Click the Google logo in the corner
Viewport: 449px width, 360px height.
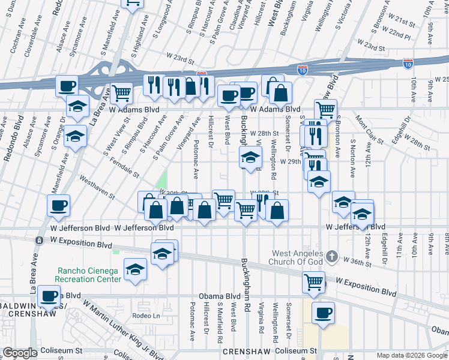coord(19,353)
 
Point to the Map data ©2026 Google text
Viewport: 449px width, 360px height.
coord(412,355)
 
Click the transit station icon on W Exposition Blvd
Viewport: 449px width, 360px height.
coord(39,241)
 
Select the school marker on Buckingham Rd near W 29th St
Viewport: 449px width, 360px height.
coord(251,158)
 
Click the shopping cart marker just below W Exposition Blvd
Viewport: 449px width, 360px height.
coord(313,281)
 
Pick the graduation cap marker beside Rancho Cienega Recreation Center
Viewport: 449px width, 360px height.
coord(135,270)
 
